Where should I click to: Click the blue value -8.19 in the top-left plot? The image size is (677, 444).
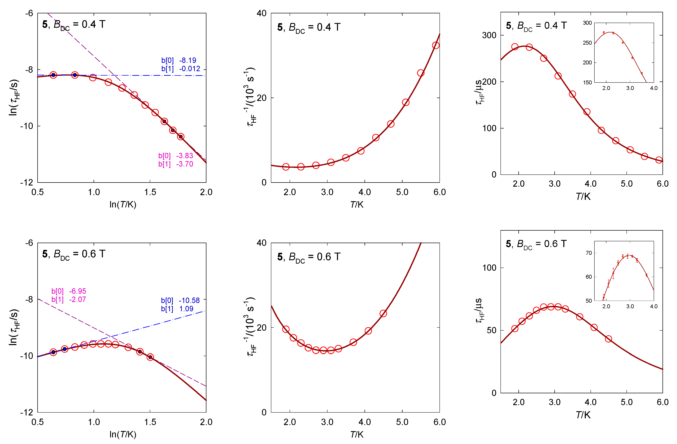187,60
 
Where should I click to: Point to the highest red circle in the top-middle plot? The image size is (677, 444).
435,45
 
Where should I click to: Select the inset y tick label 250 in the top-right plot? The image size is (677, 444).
587,43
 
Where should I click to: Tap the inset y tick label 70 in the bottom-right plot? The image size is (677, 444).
588,253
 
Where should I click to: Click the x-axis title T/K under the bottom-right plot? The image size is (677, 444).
583,415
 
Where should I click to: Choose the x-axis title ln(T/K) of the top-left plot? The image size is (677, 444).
123,204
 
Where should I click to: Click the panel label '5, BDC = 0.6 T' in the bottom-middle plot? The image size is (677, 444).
309,257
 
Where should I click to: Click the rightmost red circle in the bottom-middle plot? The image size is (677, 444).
383,314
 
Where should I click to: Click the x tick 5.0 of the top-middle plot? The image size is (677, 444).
402,192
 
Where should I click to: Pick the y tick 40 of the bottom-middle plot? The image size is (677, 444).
261,243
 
